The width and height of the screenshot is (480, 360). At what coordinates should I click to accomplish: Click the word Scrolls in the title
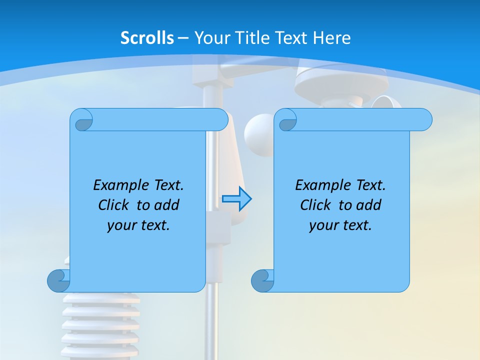tap(147, 38)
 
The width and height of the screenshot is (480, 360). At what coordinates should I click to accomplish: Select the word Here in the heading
tap(332, 38)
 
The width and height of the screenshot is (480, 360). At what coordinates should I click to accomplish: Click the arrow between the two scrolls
tap(236, 199)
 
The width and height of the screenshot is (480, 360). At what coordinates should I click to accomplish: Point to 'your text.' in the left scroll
tap(138, 225)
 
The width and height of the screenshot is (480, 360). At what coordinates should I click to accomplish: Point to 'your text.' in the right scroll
tap(340, 225)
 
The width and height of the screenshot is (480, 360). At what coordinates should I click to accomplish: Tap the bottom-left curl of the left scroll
tap(58, 280)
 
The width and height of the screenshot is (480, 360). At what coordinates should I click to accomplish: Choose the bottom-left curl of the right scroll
tap(262, 280)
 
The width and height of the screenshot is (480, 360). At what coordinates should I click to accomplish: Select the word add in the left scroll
tap(167, 205)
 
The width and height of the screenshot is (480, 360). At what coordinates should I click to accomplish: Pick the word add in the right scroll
tap(369, 205)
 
